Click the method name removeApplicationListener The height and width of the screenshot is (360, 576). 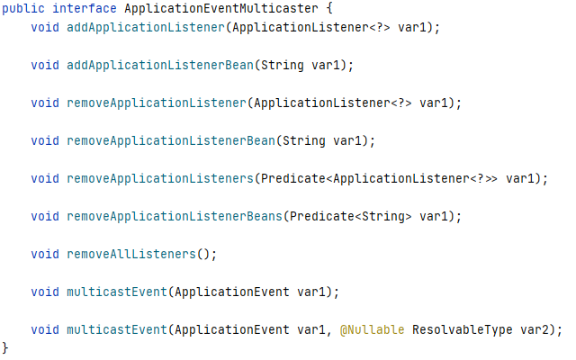[156, 103]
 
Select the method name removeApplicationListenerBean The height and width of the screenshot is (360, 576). [170, 141]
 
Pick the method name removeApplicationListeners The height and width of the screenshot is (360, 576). [159, 179]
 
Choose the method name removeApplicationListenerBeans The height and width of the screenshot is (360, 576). [174, 217]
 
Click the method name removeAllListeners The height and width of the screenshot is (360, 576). [130, 255]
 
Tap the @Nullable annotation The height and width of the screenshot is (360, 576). [372, 330]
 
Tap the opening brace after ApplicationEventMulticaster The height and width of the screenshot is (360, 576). [328, 9]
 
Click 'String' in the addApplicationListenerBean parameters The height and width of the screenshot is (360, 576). [307, 66]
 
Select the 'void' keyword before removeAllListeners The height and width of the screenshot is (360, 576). [45, 255]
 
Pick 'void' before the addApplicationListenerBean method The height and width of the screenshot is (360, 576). [45, 66]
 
